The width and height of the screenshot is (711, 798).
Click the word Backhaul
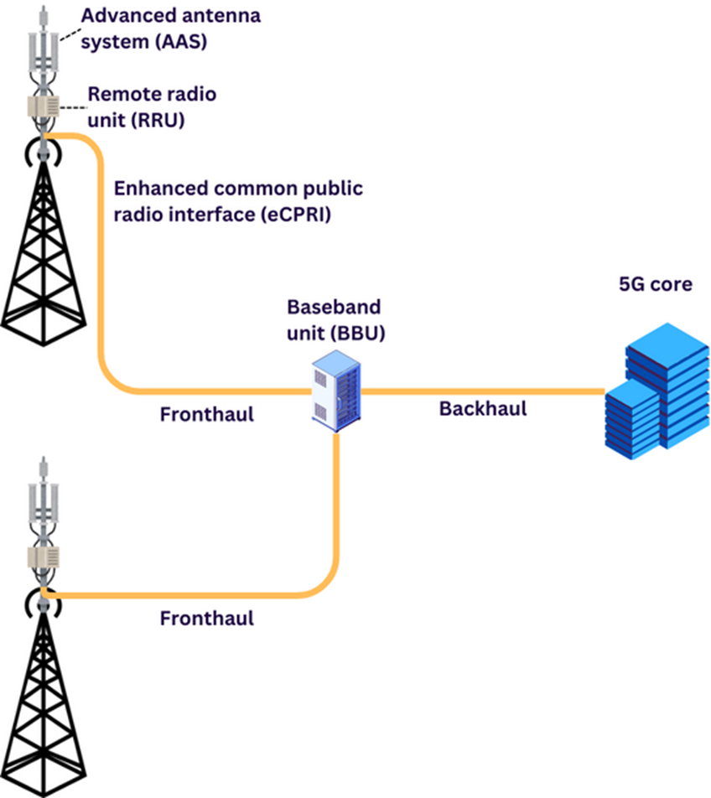point(483,409)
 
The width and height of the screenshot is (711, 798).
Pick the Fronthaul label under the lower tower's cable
point(207,619)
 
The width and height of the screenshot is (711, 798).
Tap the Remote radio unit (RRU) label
point(151,106)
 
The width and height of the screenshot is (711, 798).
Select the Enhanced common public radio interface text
point(238,200)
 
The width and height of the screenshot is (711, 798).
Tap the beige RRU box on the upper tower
point(42,107)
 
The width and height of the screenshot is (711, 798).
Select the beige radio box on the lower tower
point(41,558)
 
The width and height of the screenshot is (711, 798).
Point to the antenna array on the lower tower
point(41,507)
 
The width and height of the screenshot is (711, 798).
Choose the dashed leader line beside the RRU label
point(74,106)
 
